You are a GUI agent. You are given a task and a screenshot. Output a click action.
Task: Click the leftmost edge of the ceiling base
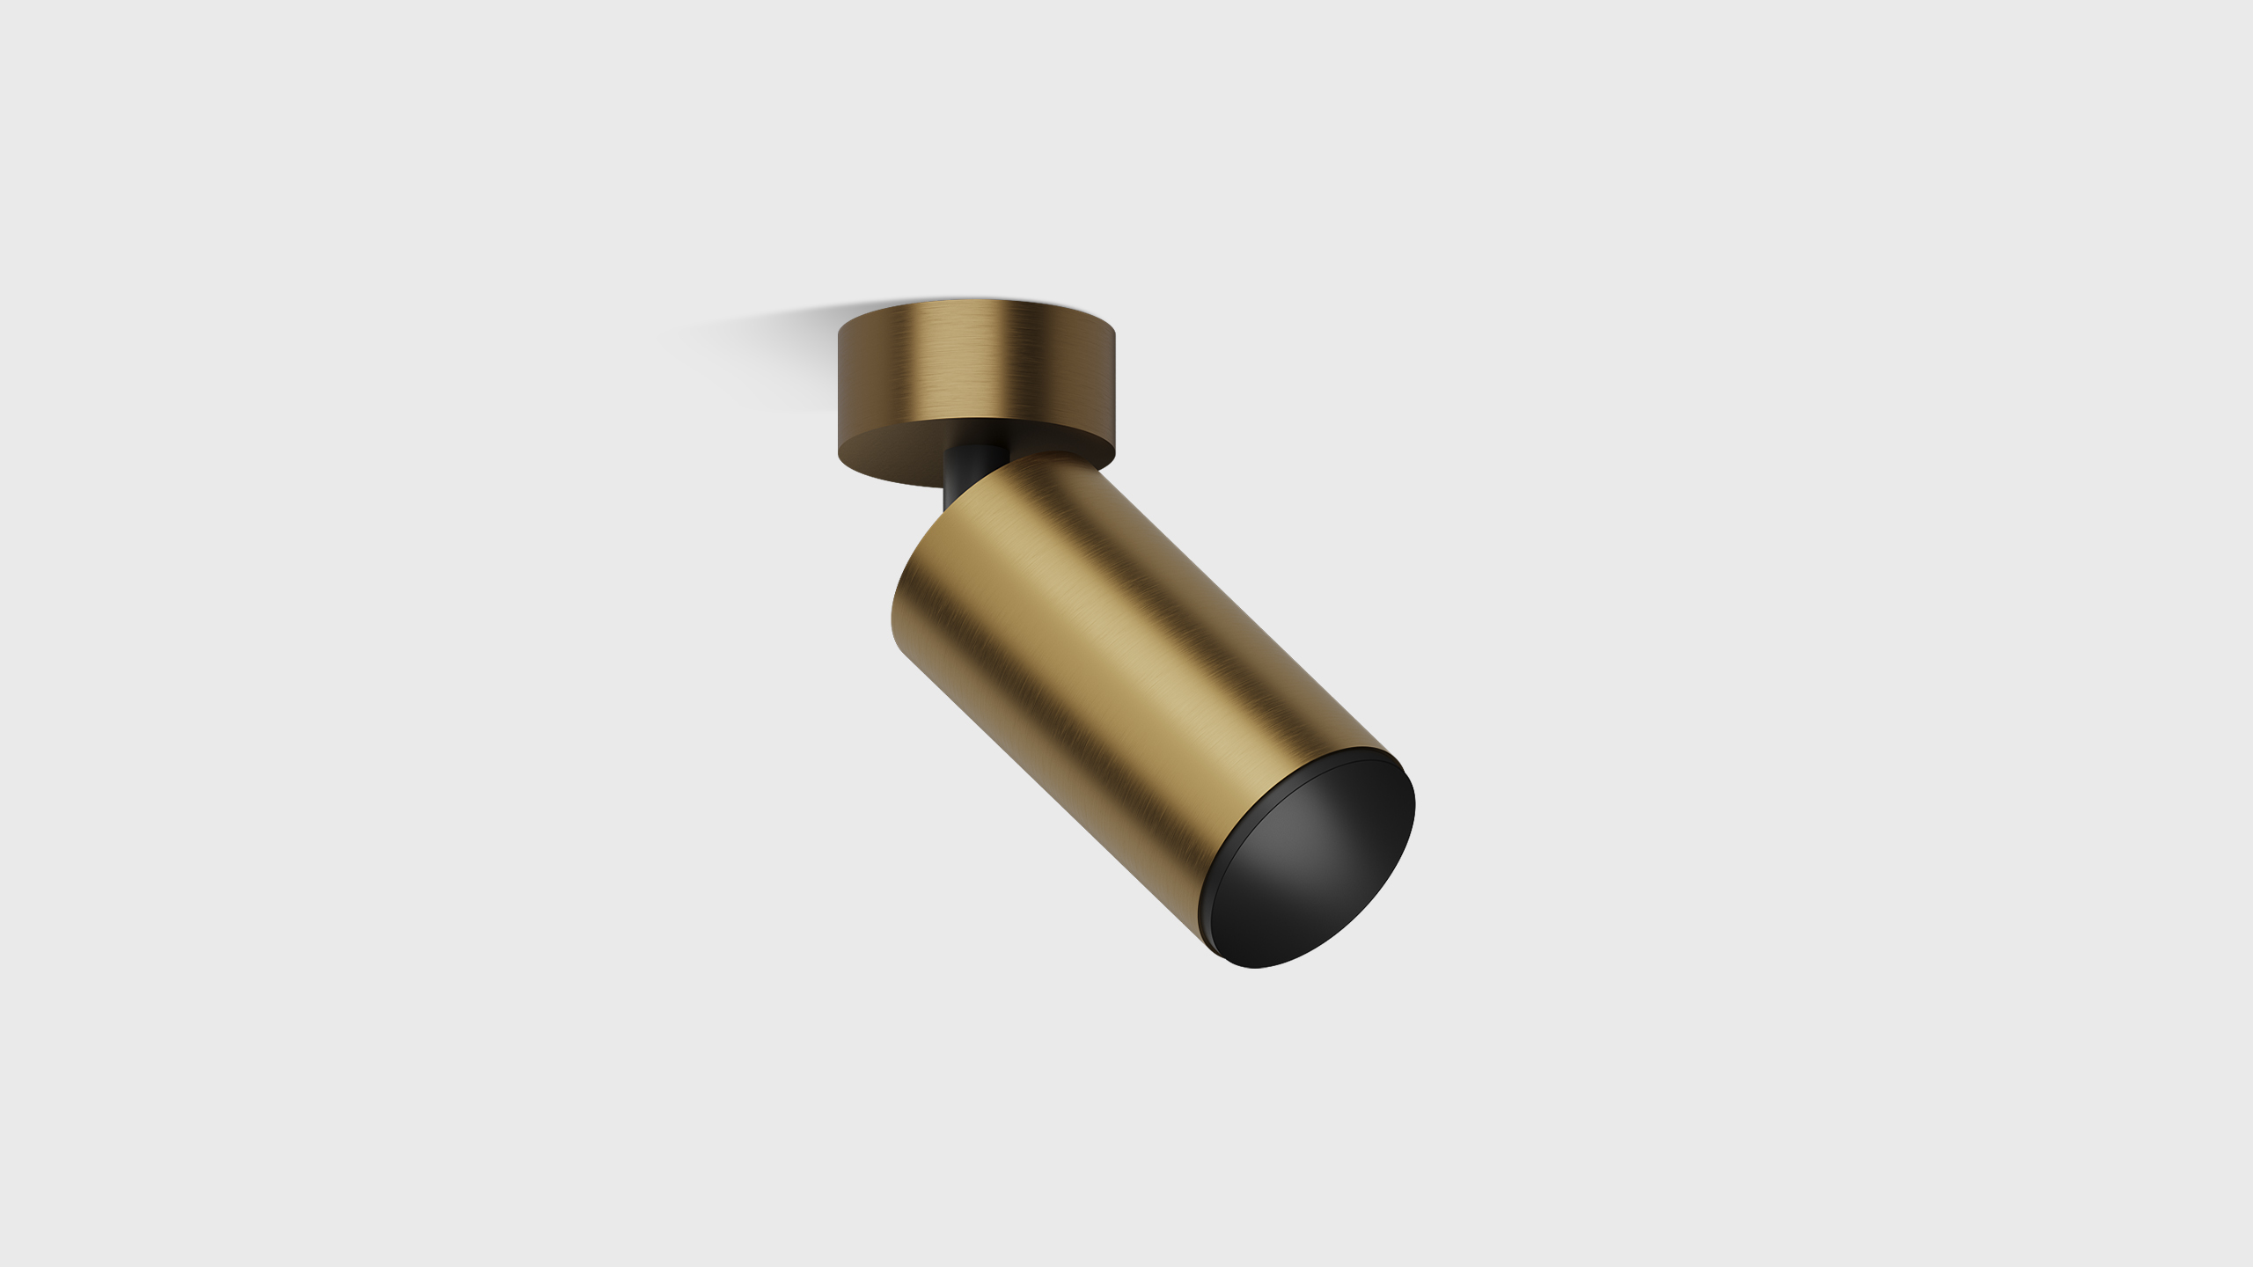840,387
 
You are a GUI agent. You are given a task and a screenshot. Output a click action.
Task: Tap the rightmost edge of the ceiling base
1115,387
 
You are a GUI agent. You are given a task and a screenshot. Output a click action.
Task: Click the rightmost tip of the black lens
1414,805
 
